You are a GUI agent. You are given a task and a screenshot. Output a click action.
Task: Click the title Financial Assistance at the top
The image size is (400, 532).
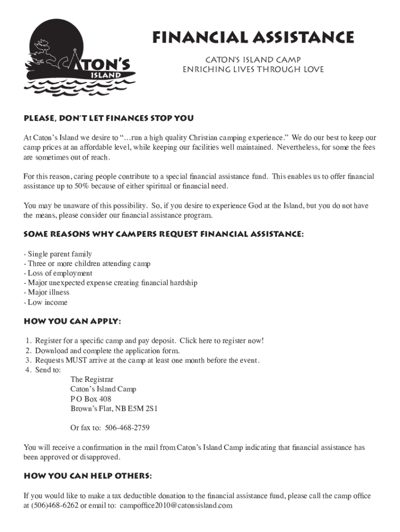point(252,37)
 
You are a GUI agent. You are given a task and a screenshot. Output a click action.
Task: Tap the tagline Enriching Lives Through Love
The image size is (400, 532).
point(252,70)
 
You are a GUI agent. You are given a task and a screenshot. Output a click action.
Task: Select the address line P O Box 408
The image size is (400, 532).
point(91,399)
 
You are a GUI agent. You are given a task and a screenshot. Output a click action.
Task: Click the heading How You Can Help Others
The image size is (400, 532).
point(88,476)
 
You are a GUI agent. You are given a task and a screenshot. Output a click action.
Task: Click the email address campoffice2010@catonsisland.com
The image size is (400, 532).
point(176,506)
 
